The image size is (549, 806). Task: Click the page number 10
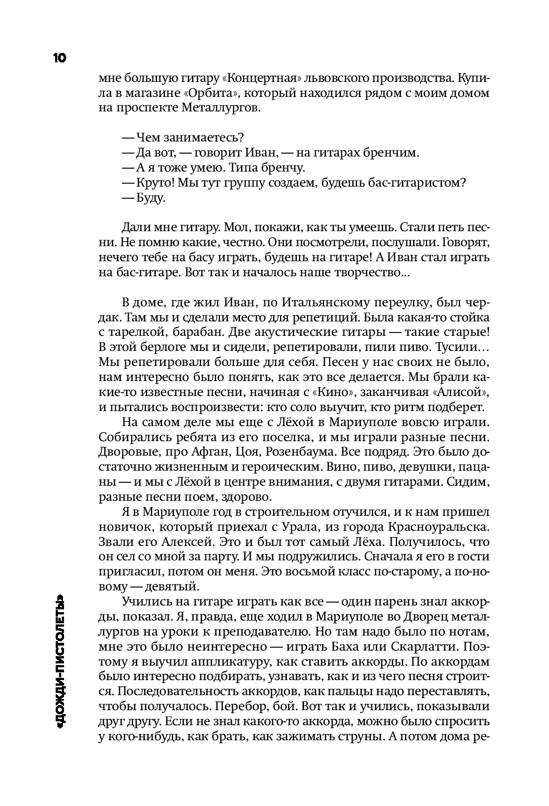point(59,57)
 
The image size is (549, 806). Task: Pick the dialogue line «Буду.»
point(150,198)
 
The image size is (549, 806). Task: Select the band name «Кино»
point(351,393)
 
